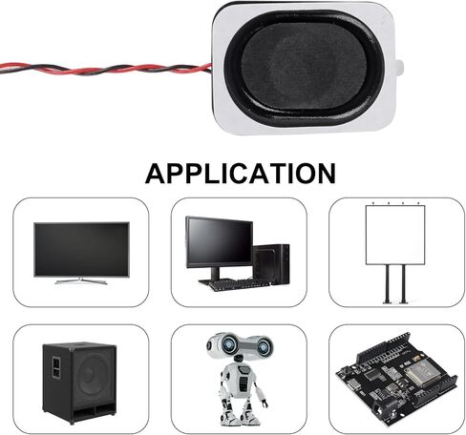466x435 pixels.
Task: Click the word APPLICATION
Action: click(x=241, y=174)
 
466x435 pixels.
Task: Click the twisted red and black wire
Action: click(x=105, y=69)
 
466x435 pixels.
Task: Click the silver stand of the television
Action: click(x=81, y=280)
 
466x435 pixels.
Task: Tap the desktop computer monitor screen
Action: click(x=220, y=242)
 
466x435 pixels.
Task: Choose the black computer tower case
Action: click(x=271, y=264)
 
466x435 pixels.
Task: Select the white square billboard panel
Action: click(x=395, y=235)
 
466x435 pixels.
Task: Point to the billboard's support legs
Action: click(x=395, y=284)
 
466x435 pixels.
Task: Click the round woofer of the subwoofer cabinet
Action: click(x=95, y=380)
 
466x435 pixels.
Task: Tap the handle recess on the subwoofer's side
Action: click(x=56, y=367)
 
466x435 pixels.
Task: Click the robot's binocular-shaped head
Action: click(x=239, y=345)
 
